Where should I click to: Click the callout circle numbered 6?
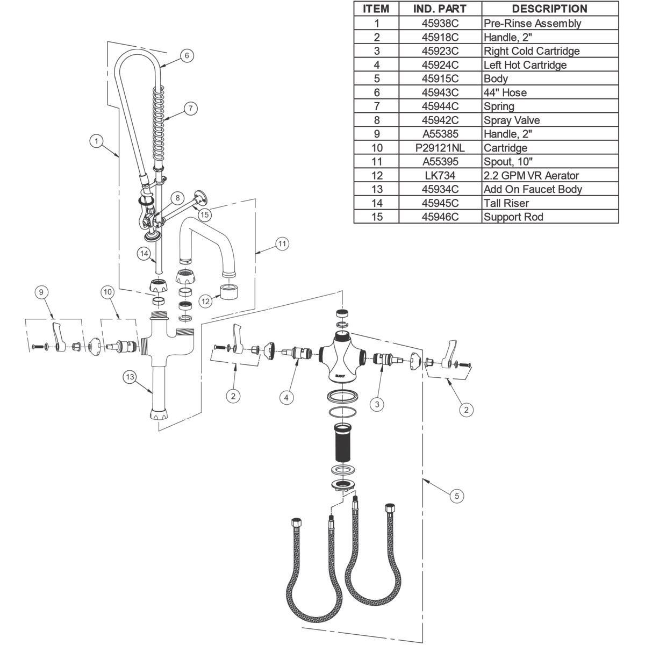pyautogui.click(x=187, y=55)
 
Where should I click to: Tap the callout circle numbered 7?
pyautogui.click(x=190, y=108)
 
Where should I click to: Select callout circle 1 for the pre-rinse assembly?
pyautogui.click(x=96, y=141)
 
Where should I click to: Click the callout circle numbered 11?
pyautogui.click(x=282, y=244)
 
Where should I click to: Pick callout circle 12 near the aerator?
pyautogui.click(x=205, y=302)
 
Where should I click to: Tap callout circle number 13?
pyautogui.click(x=130, y=377)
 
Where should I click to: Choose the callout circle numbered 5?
pyautogui.click(x=457, y=496)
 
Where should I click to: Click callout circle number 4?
pyautogui.click(x=286, y=397)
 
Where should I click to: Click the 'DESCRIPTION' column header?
pyautogui.click(x=549, y=9)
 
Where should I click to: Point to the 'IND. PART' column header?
pyautogui.click(x=440, y=9)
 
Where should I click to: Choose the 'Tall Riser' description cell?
pyautogui.click(x=506, y=203)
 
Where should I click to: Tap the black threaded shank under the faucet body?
pyautogui.click(x=343, y=444)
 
